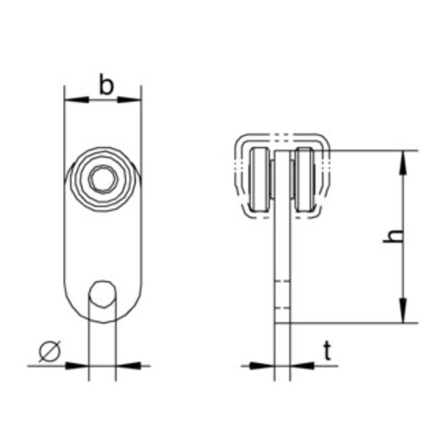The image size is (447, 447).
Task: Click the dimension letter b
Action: [x=106, y=86]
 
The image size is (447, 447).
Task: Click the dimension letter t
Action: [x=327, y=350]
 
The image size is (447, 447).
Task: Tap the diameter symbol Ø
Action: [x=50, y=352]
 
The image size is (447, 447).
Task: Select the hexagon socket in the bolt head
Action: [x=103, y=179]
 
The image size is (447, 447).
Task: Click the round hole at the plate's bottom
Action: [x=102, y=294]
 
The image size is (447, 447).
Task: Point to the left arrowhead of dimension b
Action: [x=78, y=99]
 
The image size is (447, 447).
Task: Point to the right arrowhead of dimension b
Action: [x=129, y=99]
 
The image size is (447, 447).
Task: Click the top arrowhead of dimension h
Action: [x=403, y=163]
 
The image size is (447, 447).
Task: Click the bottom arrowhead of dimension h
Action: [x=403, y=310]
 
